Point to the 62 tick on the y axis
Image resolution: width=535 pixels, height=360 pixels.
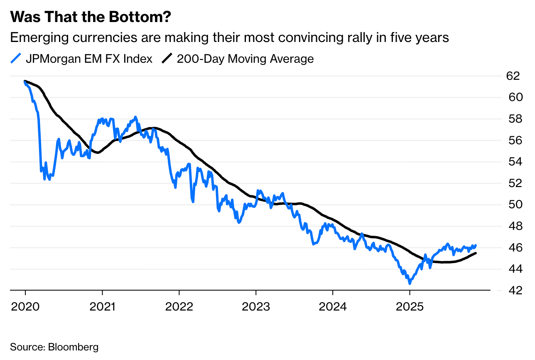coord(513,76)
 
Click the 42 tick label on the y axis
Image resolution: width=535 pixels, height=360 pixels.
coord(513,290)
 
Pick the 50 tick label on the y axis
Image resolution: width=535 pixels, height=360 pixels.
coord(513,205)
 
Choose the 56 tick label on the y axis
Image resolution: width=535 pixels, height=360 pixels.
coord(513,141)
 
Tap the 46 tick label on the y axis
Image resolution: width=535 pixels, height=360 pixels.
coord(513,247)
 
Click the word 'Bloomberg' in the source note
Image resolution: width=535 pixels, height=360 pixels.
coord(74,347)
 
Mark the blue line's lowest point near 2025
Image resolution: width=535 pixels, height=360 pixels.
coord(410,284)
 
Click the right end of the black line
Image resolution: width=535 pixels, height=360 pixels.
coord(476,253)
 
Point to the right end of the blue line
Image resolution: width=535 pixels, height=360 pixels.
coord(476,245)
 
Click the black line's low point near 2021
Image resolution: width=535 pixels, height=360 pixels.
coord(97,153)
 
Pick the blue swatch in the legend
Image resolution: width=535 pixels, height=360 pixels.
coord(15,59)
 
